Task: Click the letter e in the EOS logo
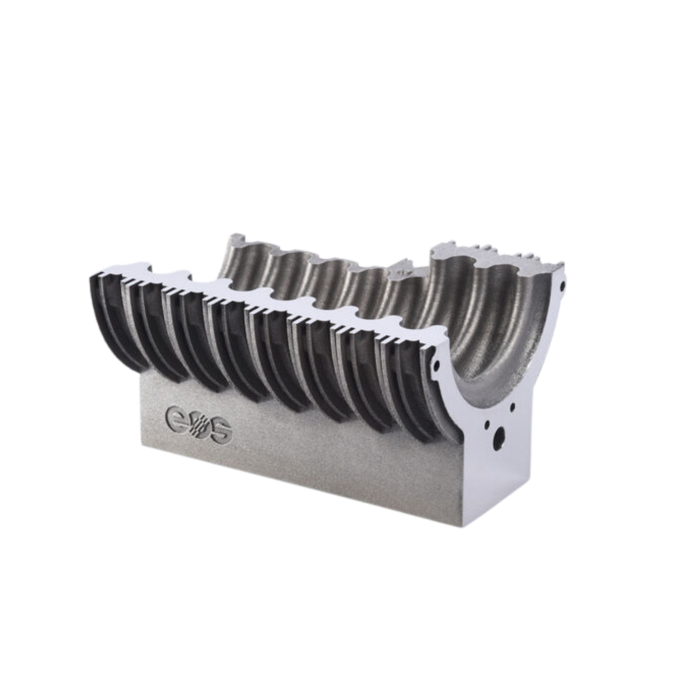tap(176, 417)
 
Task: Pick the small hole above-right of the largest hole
tap(512, 407)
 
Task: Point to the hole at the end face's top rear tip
tap(563, 286)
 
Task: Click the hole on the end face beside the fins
tap(436, 365)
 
